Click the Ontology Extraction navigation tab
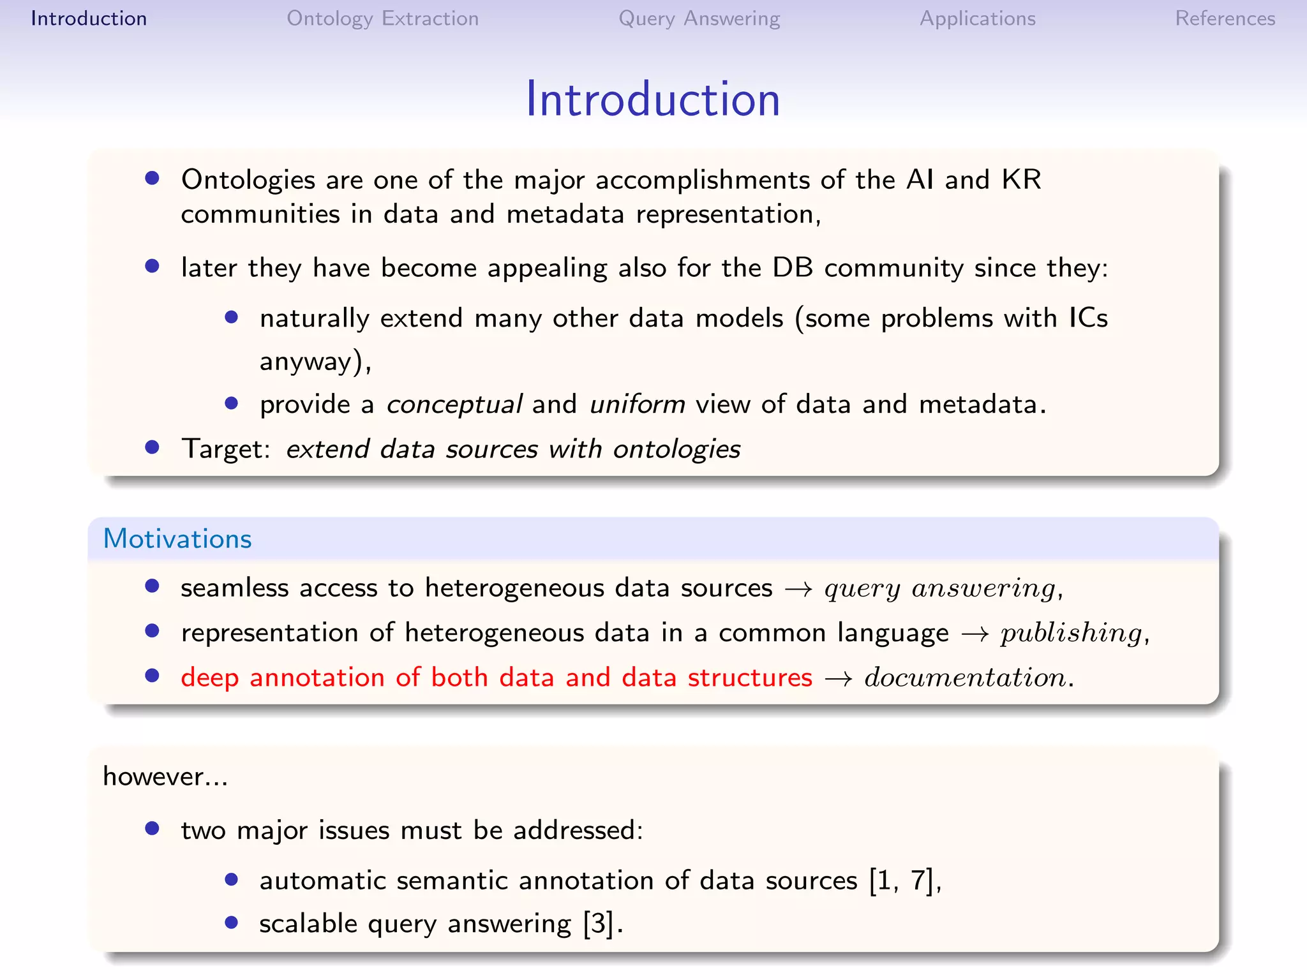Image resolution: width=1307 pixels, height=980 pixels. point(382,19)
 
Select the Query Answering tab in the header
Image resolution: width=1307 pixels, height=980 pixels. point(699,19)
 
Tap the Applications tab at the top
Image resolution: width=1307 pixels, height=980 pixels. point(977,19)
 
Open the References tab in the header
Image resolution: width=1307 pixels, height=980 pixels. point(1225,19)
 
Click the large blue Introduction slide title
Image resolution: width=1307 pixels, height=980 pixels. point(652,100)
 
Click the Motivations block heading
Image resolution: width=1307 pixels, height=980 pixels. point(177,539)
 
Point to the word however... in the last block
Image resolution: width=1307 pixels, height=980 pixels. point(165,776)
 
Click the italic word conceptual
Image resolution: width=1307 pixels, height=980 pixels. point(454,405)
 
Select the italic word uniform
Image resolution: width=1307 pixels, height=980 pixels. point(637,405)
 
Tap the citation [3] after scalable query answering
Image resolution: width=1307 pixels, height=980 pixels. point(599,924)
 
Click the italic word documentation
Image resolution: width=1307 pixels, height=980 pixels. point(965,678)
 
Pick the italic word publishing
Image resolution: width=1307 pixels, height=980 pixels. point(1071,633)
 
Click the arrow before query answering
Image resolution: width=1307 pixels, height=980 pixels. point(798,589)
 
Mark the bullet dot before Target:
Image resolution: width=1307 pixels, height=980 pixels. point(152,447)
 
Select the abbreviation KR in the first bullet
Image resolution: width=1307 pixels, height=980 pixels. point(1021,180)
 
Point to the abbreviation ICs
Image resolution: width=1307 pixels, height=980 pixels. point(1088,318)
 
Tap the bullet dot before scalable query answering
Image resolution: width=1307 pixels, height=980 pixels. point(232,923)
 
